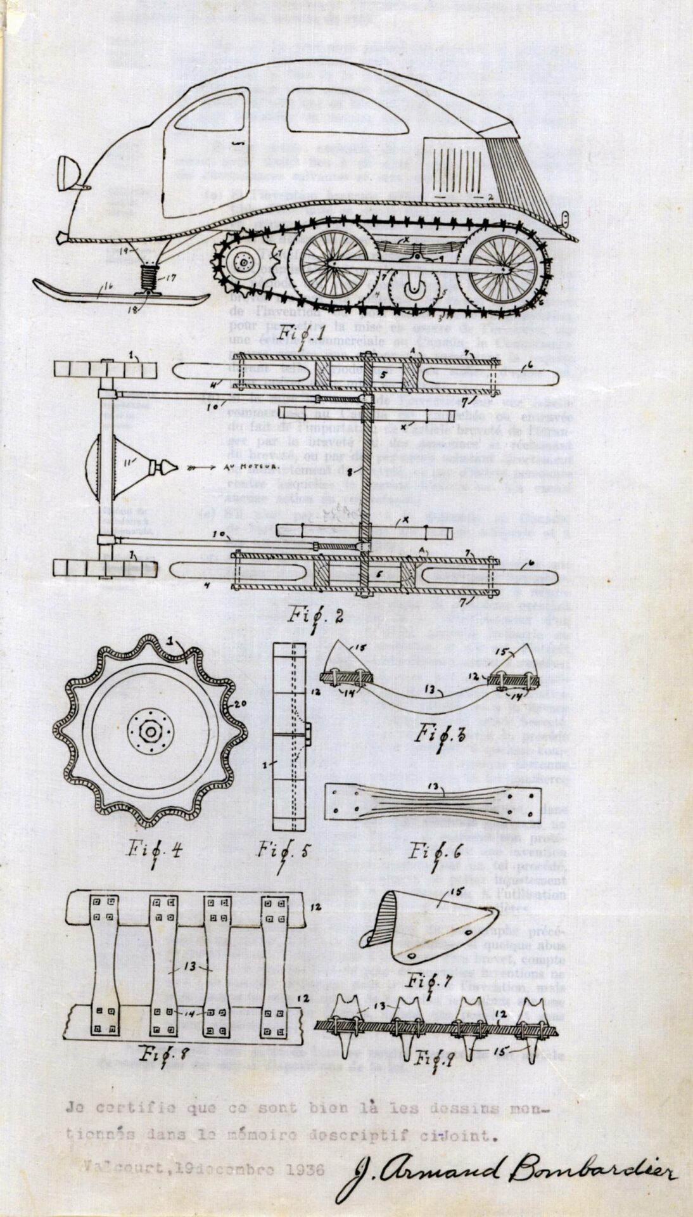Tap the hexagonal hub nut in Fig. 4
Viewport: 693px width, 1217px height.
pyautogui.click(x=151, y=732)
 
